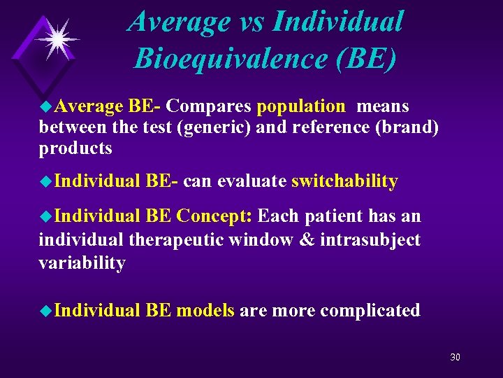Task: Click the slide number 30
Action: [455, 357]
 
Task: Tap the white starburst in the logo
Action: [57, 39]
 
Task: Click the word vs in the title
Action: [247, 21]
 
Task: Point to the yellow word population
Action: [301, 106]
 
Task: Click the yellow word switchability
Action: [344, 181]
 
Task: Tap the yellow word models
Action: [205, 310]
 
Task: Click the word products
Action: [75, 148]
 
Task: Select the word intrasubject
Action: [370, 240]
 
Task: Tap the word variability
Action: [82, 263]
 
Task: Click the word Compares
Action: [210, 106]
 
